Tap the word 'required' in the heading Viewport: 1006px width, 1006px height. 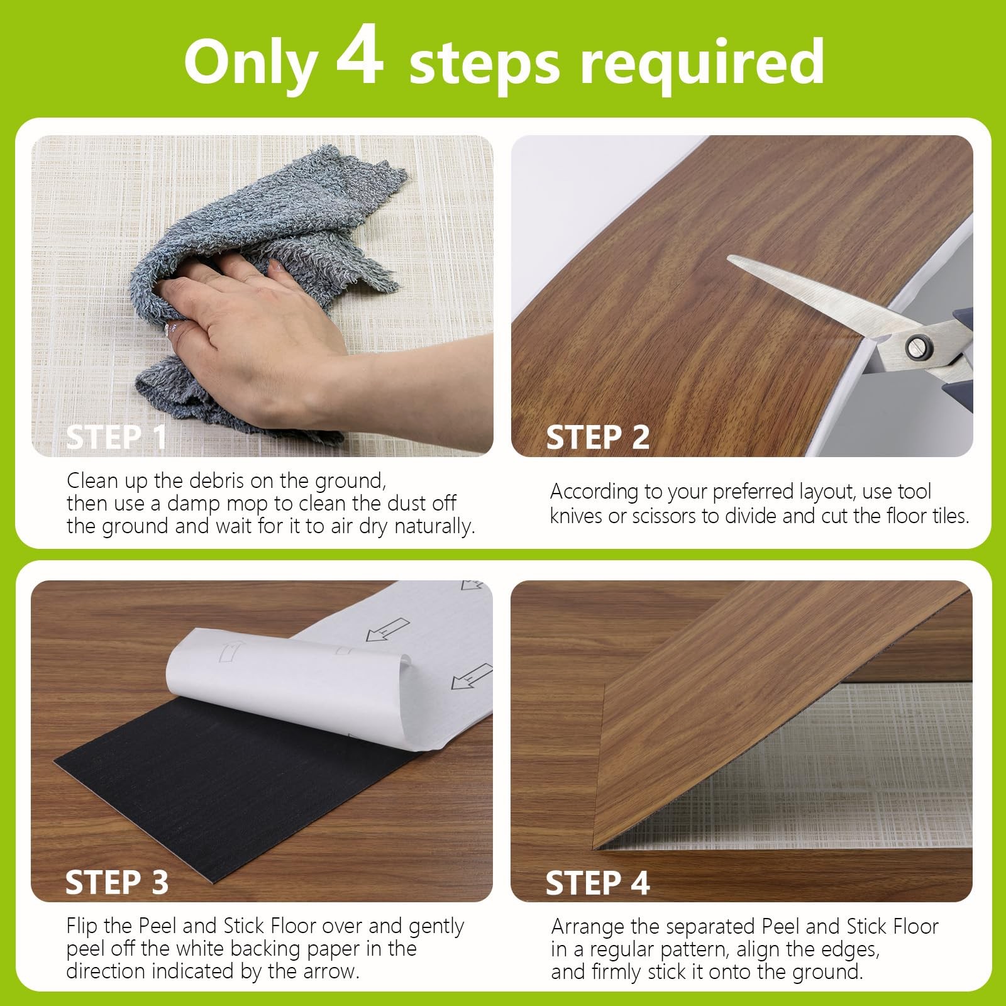point(702,64)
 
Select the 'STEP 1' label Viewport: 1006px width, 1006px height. point(117,437)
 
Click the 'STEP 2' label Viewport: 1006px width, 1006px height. point(597,437)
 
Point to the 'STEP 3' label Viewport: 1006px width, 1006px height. point(117,882)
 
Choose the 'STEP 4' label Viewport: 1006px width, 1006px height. point(597,882)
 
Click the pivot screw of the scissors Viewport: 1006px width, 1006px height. point(917,346)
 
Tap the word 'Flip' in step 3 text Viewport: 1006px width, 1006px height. point(82,926)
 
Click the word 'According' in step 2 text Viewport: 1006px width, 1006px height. point(593,492)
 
